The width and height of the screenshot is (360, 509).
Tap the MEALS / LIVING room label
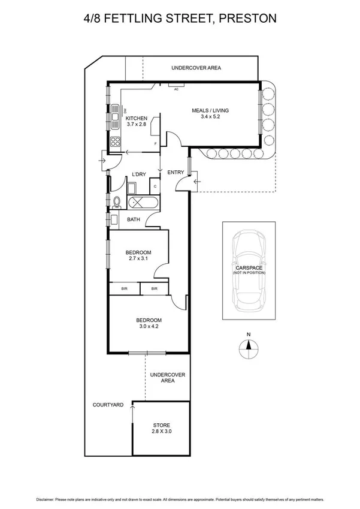pos(210,110)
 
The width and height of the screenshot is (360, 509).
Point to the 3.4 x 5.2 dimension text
pos(210,118)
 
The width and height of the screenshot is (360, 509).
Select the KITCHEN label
pos(137,118)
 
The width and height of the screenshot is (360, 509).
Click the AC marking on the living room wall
pos(176,89)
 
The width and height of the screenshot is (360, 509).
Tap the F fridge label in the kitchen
pos(156,144)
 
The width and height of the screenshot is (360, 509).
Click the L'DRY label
pos(139,174)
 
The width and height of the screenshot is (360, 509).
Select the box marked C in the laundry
pos(155,186)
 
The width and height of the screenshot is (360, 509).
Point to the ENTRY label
pos(176,173)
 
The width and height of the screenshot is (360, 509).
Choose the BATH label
pos(134,219)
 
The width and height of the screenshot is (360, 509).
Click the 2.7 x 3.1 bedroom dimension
pos(138,258)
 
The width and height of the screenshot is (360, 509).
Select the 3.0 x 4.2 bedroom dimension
pos(150,327)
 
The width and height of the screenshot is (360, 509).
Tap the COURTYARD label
pos(108,405)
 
